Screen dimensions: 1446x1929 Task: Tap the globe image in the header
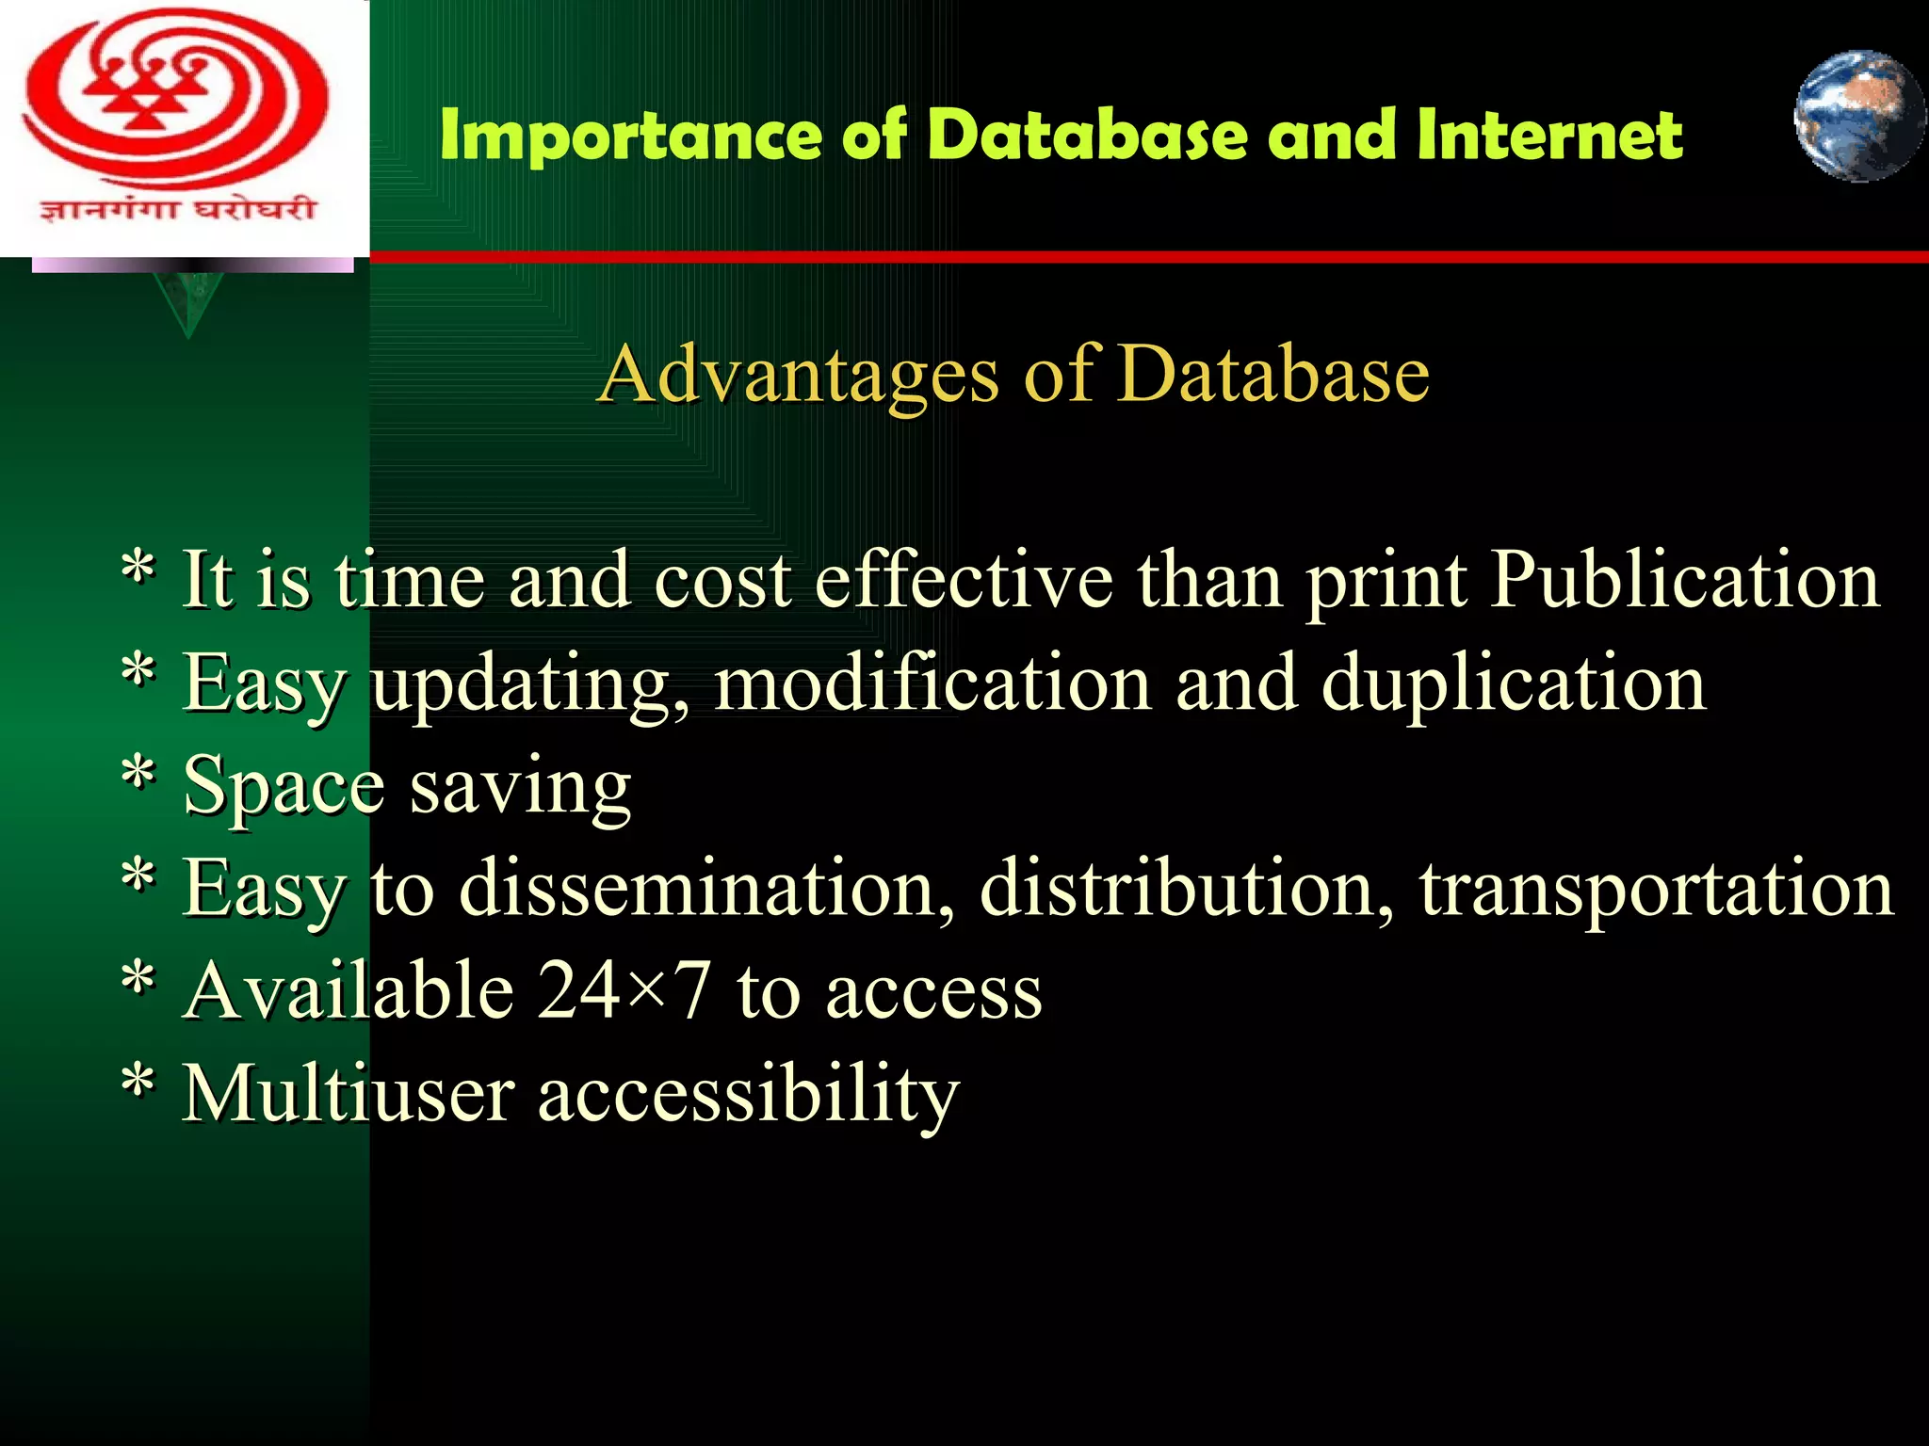tap(1858, 116)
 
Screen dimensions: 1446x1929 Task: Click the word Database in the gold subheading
tap(1275, 374)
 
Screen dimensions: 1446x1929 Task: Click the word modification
tap(932, 683)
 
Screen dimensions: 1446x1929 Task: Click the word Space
tap(284, 786)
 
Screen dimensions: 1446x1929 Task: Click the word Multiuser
tap(349, 1094)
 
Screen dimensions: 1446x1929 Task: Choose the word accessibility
tap(748, 1094)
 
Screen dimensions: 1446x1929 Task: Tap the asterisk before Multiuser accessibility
tap(138, 1083)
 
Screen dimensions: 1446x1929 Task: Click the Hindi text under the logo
tap(177, 209)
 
